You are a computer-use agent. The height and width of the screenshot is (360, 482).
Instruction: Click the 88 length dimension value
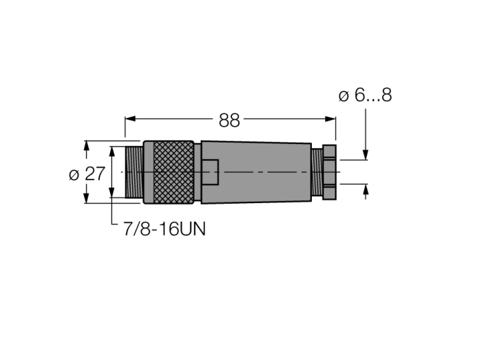(229, 120)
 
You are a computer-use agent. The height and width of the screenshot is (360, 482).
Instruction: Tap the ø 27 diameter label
(87, 174)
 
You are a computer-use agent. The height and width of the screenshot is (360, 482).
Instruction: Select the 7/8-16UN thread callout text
(164, 229)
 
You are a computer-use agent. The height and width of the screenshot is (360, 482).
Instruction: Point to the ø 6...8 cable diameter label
(365, 95)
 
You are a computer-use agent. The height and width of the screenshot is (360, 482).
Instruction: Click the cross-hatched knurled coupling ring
(173, 172)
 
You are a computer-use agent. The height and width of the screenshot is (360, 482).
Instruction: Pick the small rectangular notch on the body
(210, 172)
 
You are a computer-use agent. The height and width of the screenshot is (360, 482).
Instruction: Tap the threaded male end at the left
(134, 172)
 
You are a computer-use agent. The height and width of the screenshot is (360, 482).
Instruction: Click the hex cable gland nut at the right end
(329, 172)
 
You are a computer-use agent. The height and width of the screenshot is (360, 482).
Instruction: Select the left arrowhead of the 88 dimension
(130, 119)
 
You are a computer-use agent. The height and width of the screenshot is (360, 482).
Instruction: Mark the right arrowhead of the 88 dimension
(331, 119)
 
